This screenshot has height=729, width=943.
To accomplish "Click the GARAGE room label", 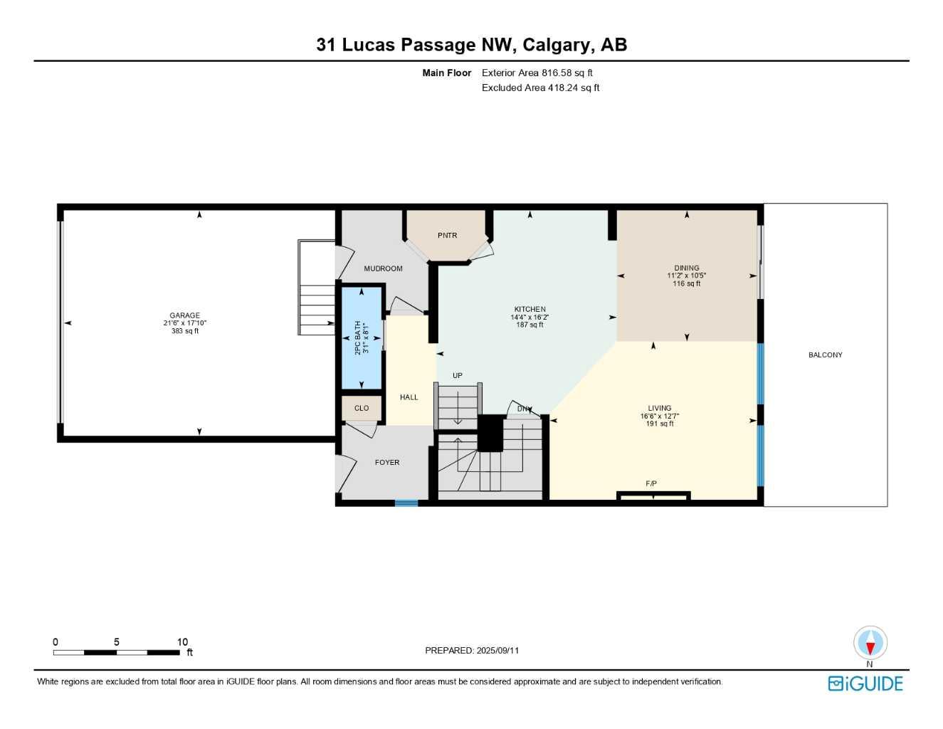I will (x=184, y=315).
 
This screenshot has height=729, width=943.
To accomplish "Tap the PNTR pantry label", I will (x=447, y=236).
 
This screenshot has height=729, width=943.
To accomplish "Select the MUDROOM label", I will (x=383, y=268).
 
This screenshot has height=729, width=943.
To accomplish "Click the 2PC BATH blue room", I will (x=362, y=338).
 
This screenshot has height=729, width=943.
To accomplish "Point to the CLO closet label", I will (x=362, y=408).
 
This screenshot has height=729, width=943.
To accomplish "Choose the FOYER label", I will (x=387, y=463).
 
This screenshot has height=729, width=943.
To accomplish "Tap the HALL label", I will (x=409, y=397).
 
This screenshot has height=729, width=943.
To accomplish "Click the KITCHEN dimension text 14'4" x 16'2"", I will (x=530, y=318).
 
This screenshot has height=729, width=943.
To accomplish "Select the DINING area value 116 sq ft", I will (x=686, y=283).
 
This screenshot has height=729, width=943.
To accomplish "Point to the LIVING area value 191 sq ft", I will (x=660, y=424).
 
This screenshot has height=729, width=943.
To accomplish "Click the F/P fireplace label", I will (x=650, y=484).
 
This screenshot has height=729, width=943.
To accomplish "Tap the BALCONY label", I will (x=825, y=355).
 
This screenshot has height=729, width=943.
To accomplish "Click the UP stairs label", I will (x=458, y=376).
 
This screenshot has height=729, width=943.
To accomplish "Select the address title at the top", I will (x=471, y=45).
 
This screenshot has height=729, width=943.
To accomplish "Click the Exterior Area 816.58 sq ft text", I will (x=537, y=73).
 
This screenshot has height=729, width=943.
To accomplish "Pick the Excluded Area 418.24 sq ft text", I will (x=540, y=88).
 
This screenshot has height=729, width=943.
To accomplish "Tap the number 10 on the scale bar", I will (x=182, y=641).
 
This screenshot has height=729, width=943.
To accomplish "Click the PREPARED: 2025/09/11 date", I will (x=471, y=650).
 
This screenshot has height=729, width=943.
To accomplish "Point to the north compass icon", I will (x=870, y=644).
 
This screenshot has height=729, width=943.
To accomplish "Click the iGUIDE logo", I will (x=865, y=683).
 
